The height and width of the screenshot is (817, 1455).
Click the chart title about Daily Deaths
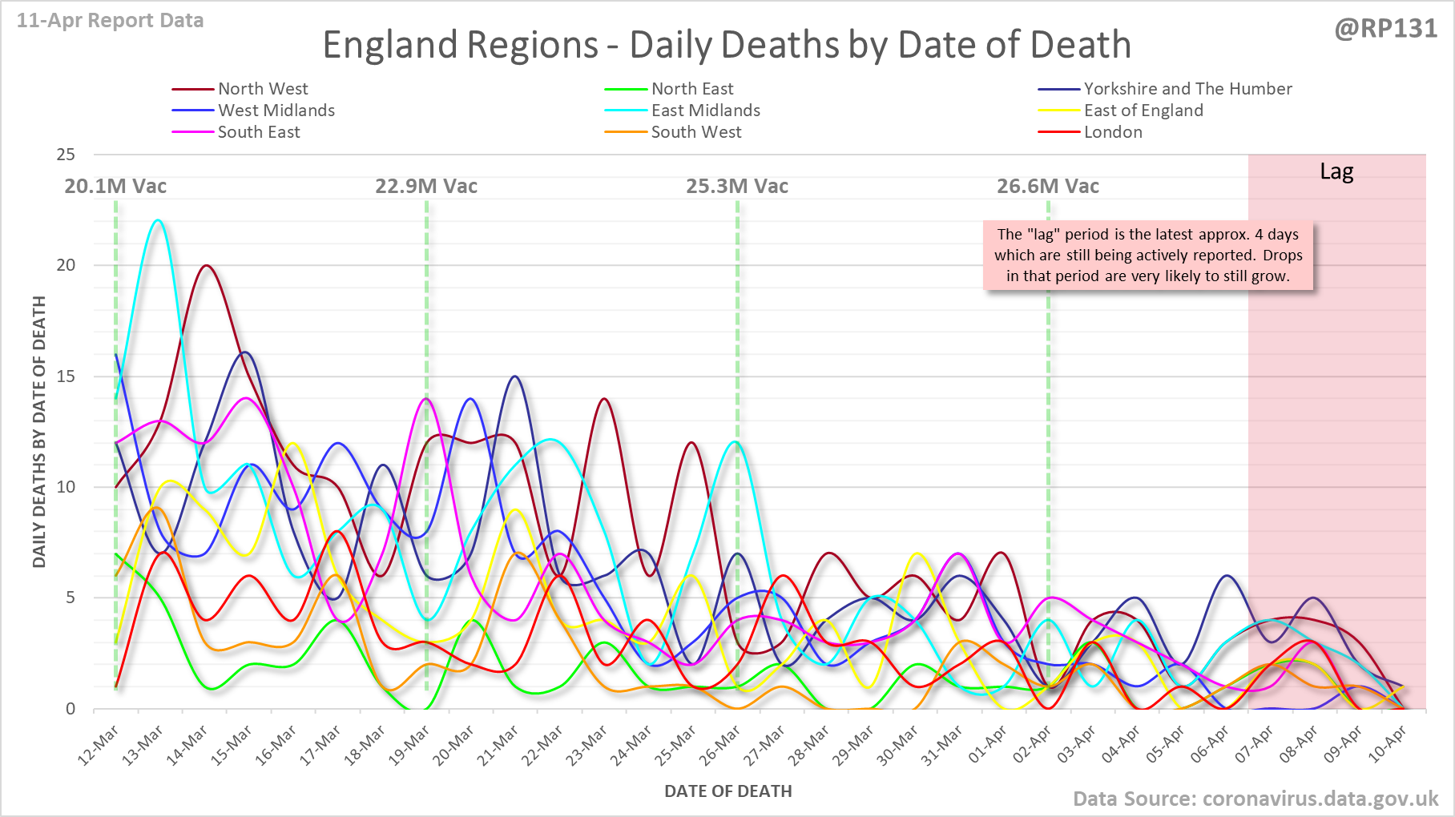tap(727, 45)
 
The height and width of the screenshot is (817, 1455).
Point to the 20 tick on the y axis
tap(66, 265)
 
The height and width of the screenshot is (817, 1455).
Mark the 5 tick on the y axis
tap(71, 598)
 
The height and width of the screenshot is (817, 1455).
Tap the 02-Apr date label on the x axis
tap(1032, 745)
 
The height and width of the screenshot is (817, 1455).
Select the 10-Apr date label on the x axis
tap(1387, 745)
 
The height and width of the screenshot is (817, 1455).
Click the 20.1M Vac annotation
tap(115, 187)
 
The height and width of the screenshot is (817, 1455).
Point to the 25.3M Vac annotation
tap(737, 187)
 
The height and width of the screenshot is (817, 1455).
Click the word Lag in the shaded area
tap(1336, 172)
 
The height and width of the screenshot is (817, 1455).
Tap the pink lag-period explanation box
tap(1148, 256)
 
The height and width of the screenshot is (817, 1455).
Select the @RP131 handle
tap(1385, 29)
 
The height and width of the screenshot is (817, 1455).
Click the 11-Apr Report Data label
tap(111, 21)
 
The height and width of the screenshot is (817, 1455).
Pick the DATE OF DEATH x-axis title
tap(727, 791)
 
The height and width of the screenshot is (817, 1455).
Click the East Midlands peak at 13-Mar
tap(159, 220)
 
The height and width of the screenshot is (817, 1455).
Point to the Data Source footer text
tap(1255, 799)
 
